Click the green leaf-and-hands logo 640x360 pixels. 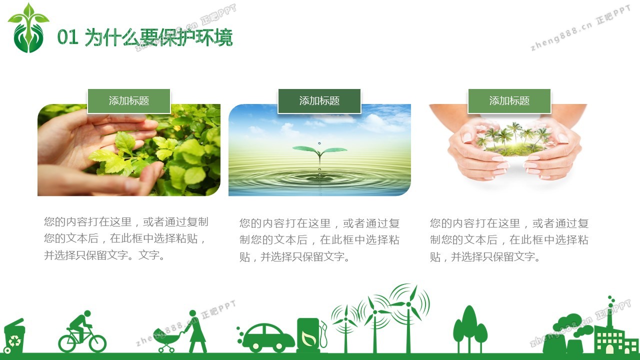point(28,28)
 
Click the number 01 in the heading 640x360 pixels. point(67,37)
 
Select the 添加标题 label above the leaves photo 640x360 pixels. point(129,101)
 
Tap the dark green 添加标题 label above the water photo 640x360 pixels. point(319,101)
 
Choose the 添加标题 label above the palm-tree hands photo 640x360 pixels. point(509,101)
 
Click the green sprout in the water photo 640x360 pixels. point(319,152)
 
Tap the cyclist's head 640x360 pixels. point(87,313)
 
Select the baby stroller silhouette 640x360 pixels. point(167,340)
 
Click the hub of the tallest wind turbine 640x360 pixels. point(408,304)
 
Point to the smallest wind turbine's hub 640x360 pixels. point(346,319)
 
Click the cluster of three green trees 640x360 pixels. point(470,329)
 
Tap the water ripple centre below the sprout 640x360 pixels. point(319,178)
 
